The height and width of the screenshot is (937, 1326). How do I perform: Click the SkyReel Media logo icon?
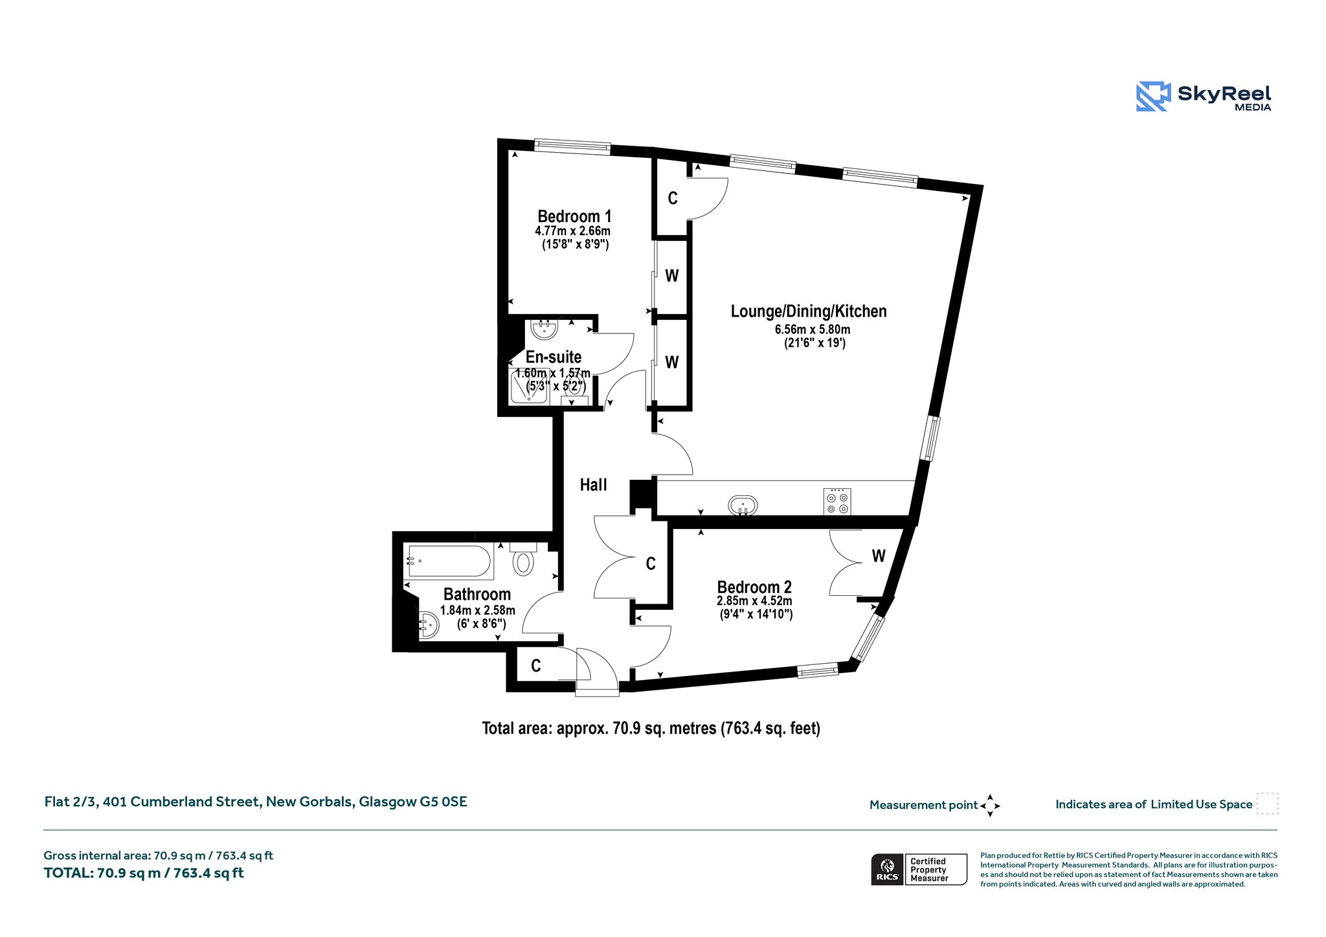(1153, 96)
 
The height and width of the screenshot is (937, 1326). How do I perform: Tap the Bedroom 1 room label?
(574, 216)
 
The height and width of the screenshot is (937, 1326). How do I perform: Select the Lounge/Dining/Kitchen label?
(809, 311)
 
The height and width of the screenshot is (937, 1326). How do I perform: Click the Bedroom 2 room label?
(754, 587)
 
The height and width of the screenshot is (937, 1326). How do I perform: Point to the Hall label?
(593, 485)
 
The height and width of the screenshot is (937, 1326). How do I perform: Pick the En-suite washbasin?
(545, 328)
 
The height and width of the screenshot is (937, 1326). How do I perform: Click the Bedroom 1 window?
(572, 148)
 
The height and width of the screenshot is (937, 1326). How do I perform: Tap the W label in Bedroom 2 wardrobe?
(878, 556)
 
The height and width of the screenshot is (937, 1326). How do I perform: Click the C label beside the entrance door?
(535, 666)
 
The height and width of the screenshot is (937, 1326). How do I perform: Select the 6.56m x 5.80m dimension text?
(813, 330)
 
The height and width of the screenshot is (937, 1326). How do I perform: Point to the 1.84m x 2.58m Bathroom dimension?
(478, 611)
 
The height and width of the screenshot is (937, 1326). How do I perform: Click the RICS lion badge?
(887, 870)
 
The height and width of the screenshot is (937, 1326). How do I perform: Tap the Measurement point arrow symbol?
(990, 806)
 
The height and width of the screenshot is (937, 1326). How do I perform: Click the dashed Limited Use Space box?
(1267, 804)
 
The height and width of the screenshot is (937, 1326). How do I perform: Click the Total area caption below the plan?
(651, 728)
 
